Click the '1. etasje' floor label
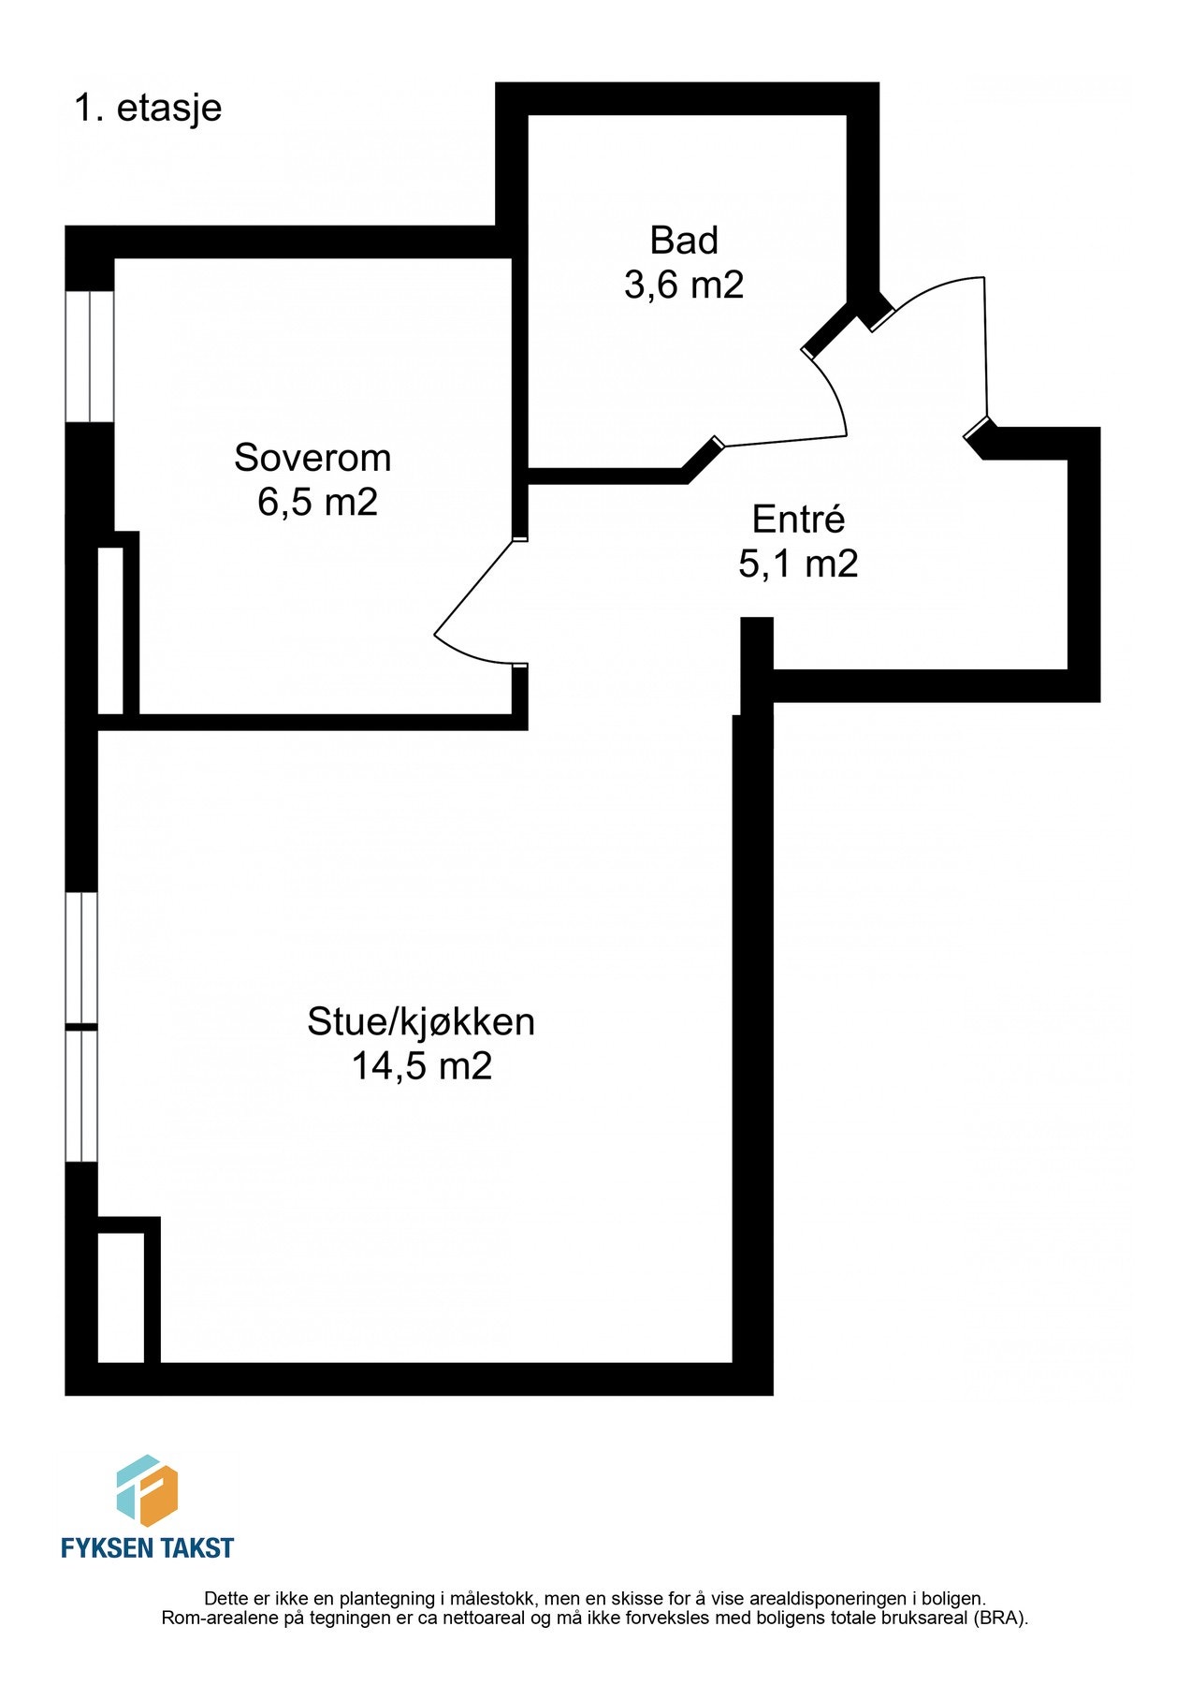click(148, 109)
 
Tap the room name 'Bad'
click(684, 241)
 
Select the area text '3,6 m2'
click(684, 285)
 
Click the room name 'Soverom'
click(312, 458)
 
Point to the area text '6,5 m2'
click(317, 503)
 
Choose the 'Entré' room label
click(798, 520)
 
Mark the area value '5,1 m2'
click(798, 564)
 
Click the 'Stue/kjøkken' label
click(421, 1021)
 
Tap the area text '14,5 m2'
click(421, 1066)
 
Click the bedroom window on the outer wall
click(89, 356)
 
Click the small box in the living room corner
click(121, 1297)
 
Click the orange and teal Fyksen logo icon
click(147, 1490)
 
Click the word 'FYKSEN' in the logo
click(106, 1548)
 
